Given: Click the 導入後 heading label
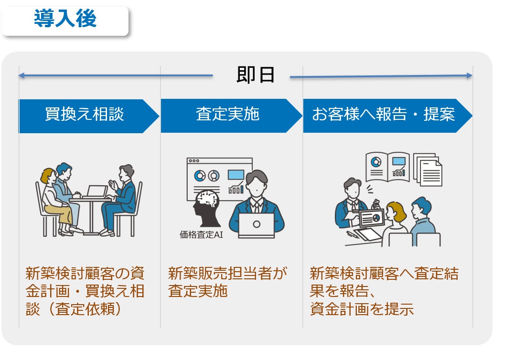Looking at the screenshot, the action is [x=65, y=20].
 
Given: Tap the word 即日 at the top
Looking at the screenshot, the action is [x=256, y=75].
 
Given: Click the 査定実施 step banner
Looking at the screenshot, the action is [x=227, y=116].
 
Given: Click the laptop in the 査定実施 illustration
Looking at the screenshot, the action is [x=256, y=225].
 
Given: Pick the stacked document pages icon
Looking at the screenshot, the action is [x=428, y=169].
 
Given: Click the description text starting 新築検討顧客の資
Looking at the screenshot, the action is [x=85, y=291].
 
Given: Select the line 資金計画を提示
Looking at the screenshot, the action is [x=362, y=309].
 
